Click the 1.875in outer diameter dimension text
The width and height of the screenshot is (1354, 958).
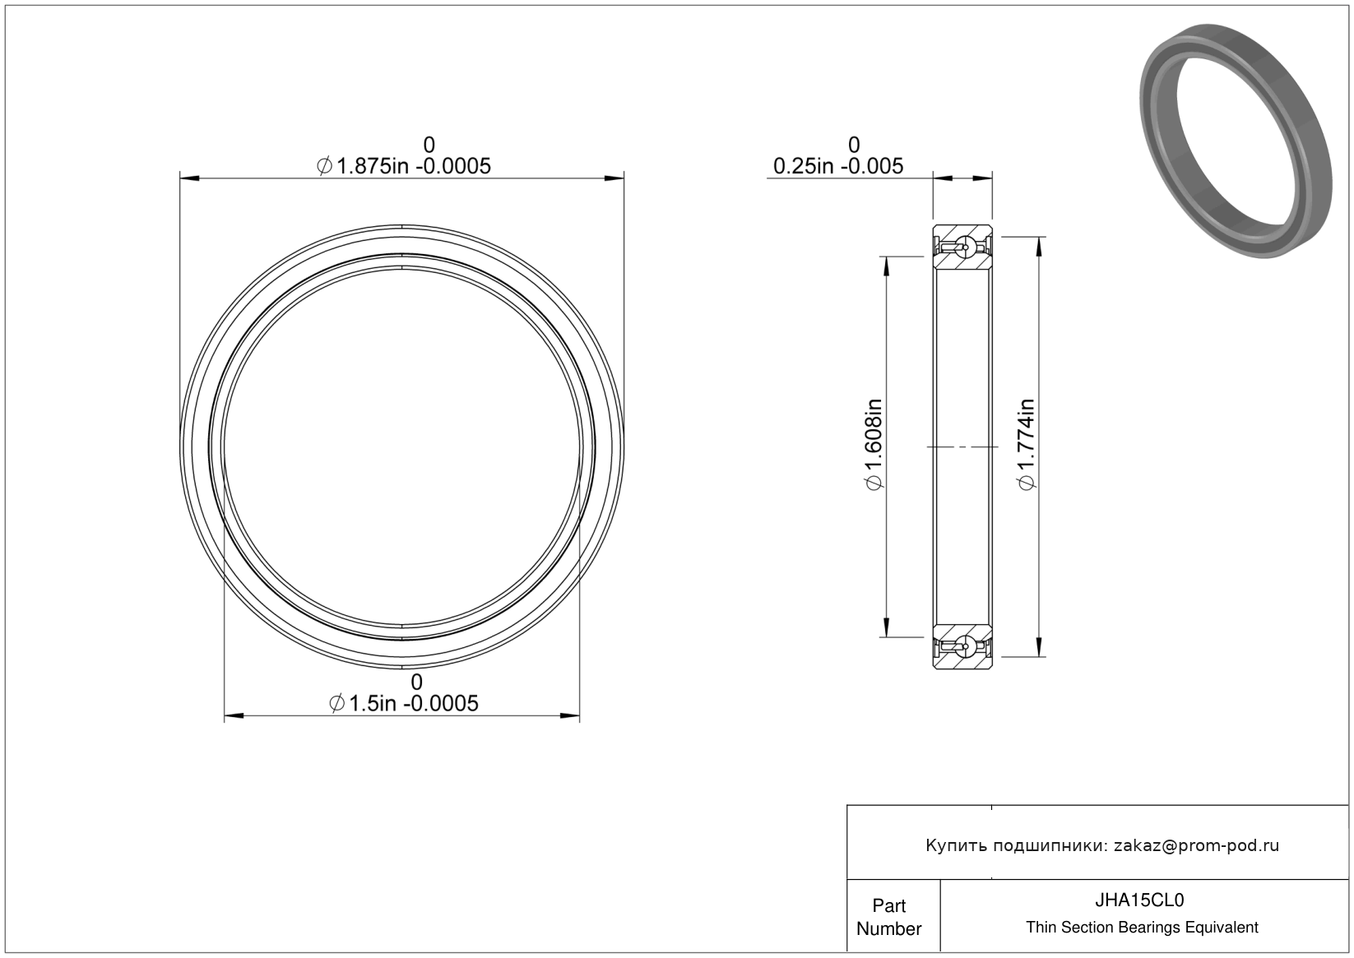tap(404, 166)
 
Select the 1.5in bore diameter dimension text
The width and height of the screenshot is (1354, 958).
tap(404, 704)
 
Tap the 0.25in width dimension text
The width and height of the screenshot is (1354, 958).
tap(838, 166)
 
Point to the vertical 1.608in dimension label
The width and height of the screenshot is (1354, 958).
tap(874, 444)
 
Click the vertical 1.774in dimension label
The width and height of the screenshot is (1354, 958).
tap(1027, 444)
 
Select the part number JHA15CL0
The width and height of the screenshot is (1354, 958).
tap(1139, 900)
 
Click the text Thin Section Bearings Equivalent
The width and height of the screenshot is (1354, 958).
tap(1142, 928)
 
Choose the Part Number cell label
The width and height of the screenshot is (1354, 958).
tap(888, 917)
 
